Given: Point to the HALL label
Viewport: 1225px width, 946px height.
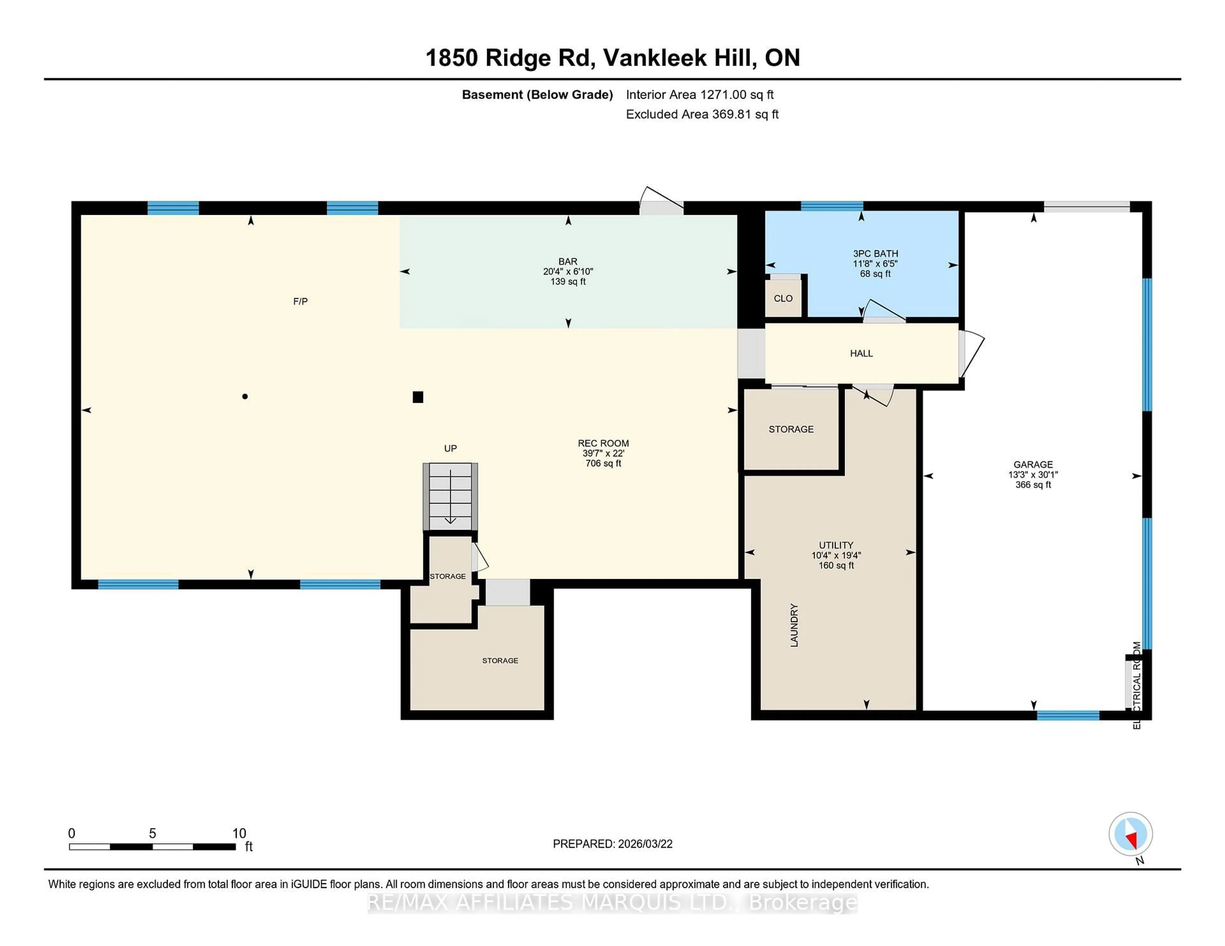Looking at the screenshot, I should click(861, 353).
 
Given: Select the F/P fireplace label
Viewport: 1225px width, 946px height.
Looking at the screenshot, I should click(301, 302).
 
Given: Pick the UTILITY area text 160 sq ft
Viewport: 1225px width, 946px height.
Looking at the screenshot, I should click(836, 565).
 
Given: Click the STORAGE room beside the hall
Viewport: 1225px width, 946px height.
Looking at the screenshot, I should click(791, 429).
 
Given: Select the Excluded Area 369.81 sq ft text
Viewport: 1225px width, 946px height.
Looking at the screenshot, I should click(702, 114).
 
